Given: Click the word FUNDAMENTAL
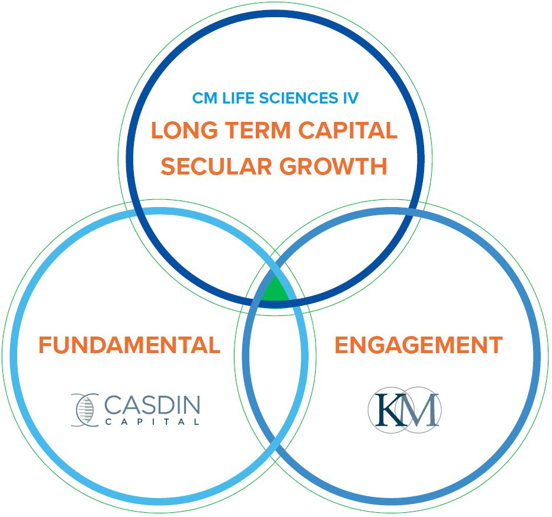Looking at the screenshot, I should [x=129, y=345].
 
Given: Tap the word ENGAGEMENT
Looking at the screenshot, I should [x=418, y=345].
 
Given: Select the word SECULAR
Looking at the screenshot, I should [x=216, y=166].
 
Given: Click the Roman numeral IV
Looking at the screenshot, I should [x=351, y=98].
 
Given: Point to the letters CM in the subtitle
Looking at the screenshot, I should [x=204, y=98].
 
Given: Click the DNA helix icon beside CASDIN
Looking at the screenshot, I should [x=84, y=409].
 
